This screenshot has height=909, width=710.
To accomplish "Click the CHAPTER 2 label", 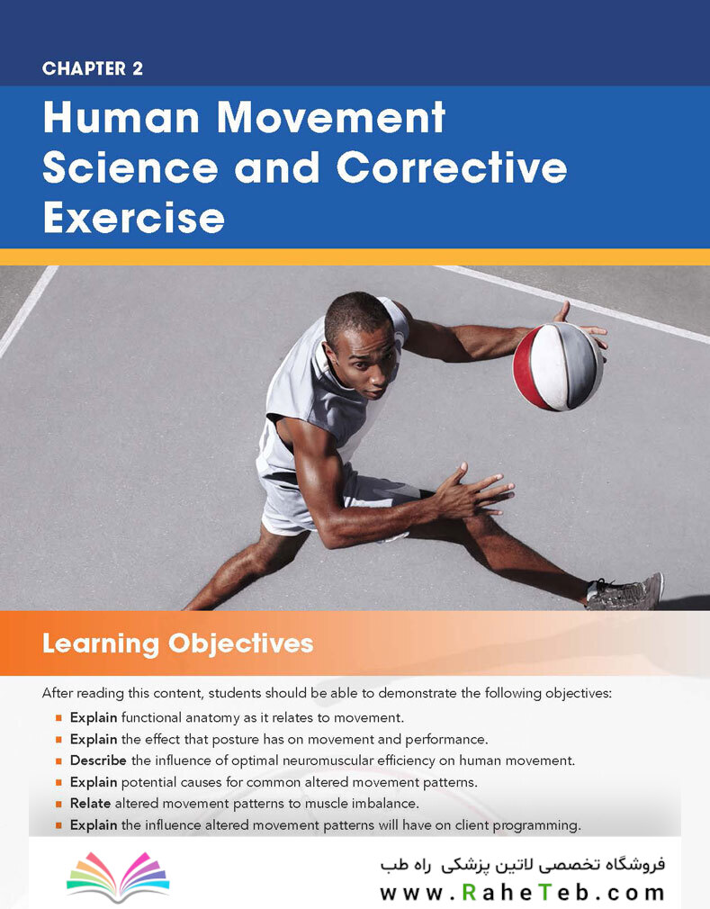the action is pos(93,68).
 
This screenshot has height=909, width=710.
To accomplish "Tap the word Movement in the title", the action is pos(331,118).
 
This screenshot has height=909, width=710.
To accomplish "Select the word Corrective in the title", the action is pos(452,167).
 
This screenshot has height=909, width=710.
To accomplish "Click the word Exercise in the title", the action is pos(134,218).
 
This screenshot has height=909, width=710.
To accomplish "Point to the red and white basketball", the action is pos(558,366).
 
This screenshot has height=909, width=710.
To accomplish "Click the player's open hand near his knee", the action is pos(473,491).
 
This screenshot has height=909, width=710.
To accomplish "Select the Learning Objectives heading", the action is pos(178,643).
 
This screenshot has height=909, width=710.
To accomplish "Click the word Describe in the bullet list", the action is pos(98,760).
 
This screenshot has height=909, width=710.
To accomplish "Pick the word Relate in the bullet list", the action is pos(90,804).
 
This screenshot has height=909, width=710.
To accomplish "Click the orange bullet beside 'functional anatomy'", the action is pos(58,718).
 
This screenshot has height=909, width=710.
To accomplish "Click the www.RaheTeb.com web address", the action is pos(522,892).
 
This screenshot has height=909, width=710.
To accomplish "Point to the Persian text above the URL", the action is pos(522,865).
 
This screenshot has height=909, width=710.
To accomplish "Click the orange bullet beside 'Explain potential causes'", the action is pos(58,783).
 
